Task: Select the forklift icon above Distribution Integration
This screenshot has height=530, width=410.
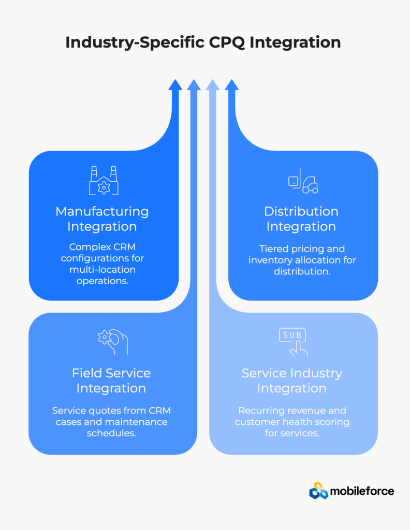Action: pyautogui.click(x=303, y=181)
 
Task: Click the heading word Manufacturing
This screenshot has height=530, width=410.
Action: pyautogui.click(x=102, y=211)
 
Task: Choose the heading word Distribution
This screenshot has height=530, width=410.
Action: pyautogui.click(x=301, y=211)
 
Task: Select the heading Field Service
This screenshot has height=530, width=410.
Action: pyautogui.click(x=111, y=373)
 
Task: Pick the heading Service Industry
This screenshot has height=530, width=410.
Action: pyautogui.click(x=292, y=373)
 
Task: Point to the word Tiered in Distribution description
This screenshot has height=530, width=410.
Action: pyautogui.click(x=274, y=249)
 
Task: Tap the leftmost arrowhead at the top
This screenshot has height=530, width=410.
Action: pyautogui.click(x=175, y=85)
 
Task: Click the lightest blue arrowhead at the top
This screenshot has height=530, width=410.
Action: pyautogui.click(x=212, y=85)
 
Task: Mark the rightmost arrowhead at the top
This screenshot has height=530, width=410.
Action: pyautogui.click(x=231, y=85)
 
